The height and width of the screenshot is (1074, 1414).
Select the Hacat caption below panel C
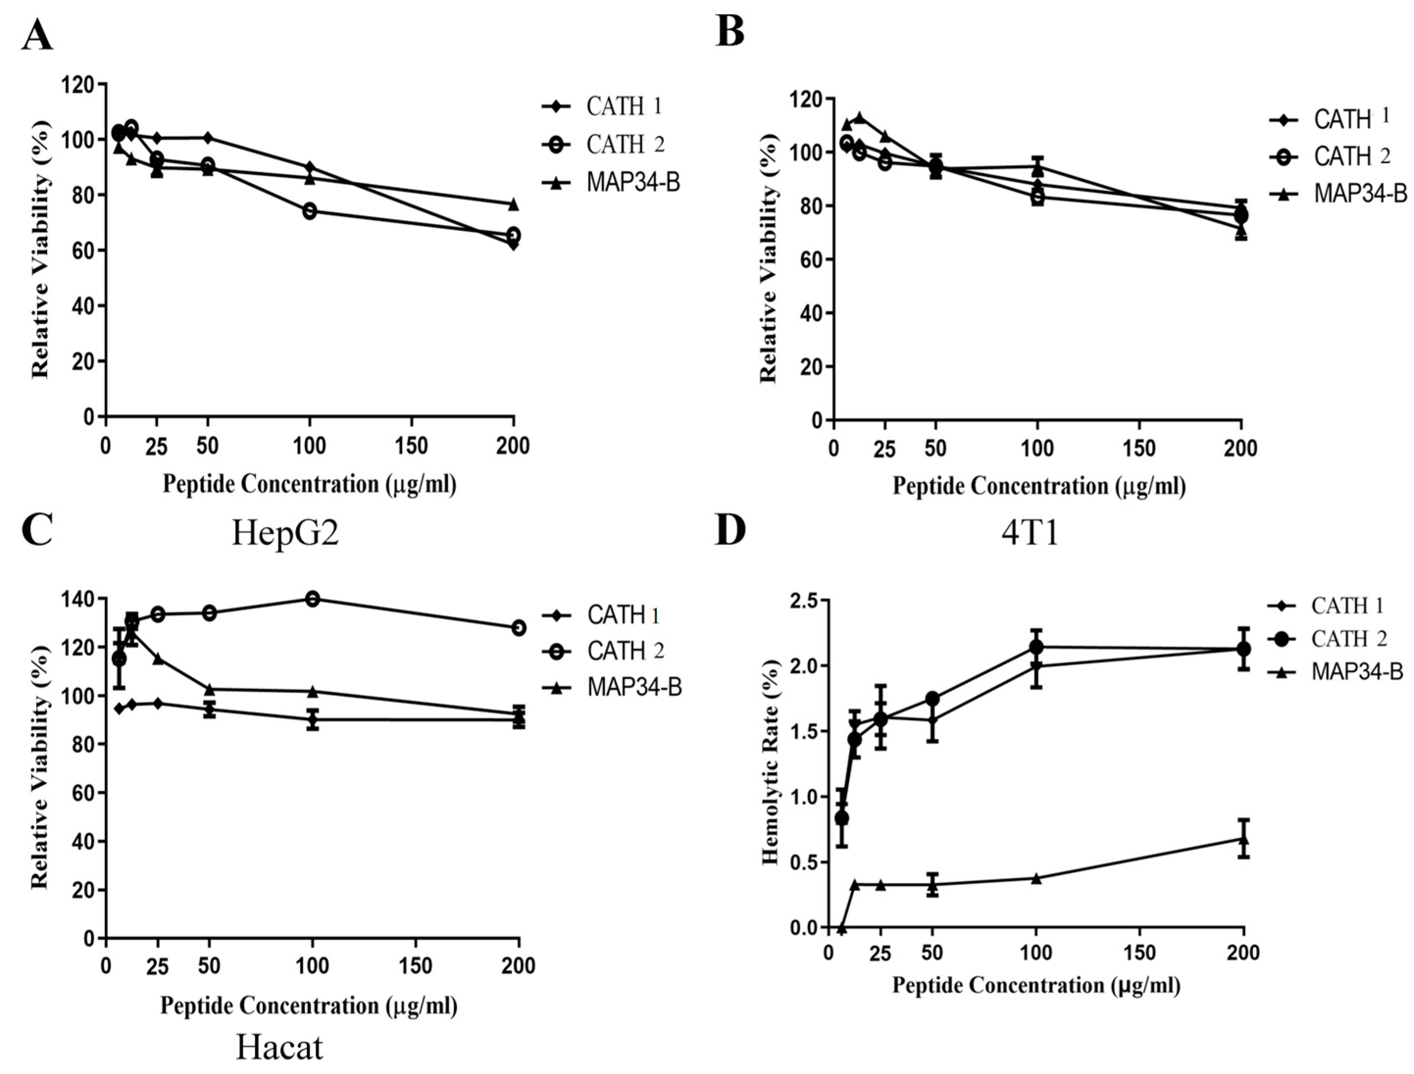279,1047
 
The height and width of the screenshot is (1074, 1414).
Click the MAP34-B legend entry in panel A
633,183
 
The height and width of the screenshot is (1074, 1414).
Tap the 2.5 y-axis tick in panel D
804,601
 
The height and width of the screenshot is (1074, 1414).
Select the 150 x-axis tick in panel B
1139,448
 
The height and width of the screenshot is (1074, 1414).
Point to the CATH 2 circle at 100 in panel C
313,599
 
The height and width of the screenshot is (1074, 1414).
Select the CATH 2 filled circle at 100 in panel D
1036,647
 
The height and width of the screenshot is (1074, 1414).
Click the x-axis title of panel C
309,1005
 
